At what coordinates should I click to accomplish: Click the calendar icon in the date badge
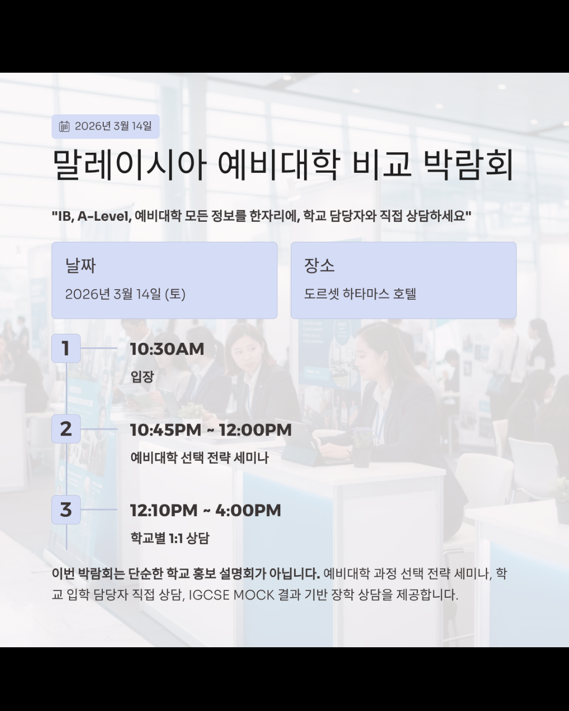click(x=64, y=126)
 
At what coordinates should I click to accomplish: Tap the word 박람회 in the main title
click(x=468, y=165)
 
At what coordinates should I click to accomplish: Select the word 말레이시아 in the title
click(x=129, y=165)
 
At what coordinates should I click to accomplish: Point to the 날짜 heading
click(x=80, y=265)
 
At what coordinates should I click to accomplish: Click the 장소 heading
click(x=319, y=265)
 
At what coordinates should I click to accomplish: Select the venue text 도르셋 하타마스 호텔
click(x=360, y=294)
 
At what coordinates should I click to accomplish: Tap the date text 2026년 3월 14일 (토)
click(x=125, y=294)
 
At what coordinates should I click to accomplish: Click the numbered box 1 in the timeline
click(x=66, y=348)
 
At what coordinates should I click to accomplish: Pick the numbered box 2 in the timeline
click(x=66, y=429)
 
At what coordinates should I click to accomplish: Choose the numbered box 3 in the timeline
click(x=66, y=509)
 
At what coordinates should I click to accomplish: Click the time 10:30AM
click(x=167, y=349)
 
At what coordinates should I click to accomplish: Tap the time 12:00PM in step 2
click(x=255, y=430)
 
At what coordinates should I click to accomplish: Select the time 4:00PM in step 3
click(x=248, y=510)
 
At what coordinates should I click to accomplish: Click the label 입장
click(x=142, y=377)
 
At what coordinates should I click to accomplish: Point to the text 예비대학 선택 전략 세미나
click(x=200, y=458)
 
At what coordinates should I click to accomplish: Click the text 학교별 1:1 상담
click(x=170, y=538)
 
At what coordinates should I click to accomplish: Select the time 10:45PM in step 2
click(x=165, y=430)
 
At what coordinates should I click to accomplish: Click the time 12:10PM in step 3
click(x=164, y=510)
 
